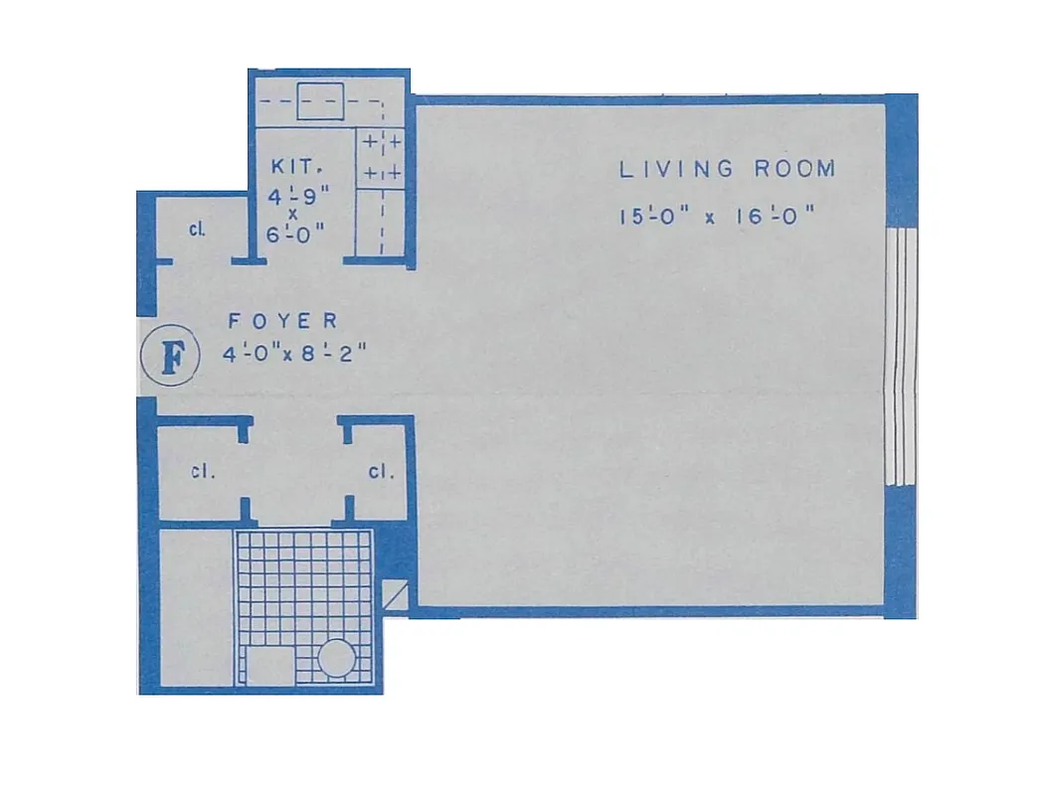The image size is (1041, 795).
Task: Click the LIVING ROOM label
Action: click(727, 169)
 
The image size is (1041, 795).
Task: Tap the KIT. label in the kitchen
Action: click(292, 169)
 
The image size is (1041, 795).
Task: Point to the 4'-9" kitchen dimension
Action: click(292, 197)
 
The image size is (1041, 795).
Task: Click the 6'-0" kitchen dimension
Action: click(292, 237)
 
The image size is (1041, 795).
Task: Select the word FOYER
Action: click(283, 321)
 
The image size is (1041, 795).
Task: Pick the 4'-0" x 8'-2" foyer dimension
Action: click(297, 354)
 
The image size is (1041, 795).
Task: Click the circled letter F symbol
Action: click(171, 358)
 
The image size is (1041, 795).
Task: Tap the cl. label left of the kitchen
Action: click(198, 229)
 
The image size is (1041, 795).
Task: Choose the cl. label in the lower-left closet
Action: click(204, 471)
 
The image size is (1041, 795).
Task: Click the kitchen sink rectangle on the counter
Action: click(320, 103)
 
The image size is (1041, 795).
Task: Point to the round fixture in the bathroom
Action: click(336, 659)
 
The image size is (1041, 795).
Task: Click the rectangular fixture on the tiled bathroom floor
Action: click(268, 664)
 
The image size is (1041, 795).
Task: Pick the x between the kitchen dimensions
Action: click(292, 217)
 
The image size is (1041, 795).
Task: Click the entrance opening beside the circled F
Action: click(146, 358)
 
